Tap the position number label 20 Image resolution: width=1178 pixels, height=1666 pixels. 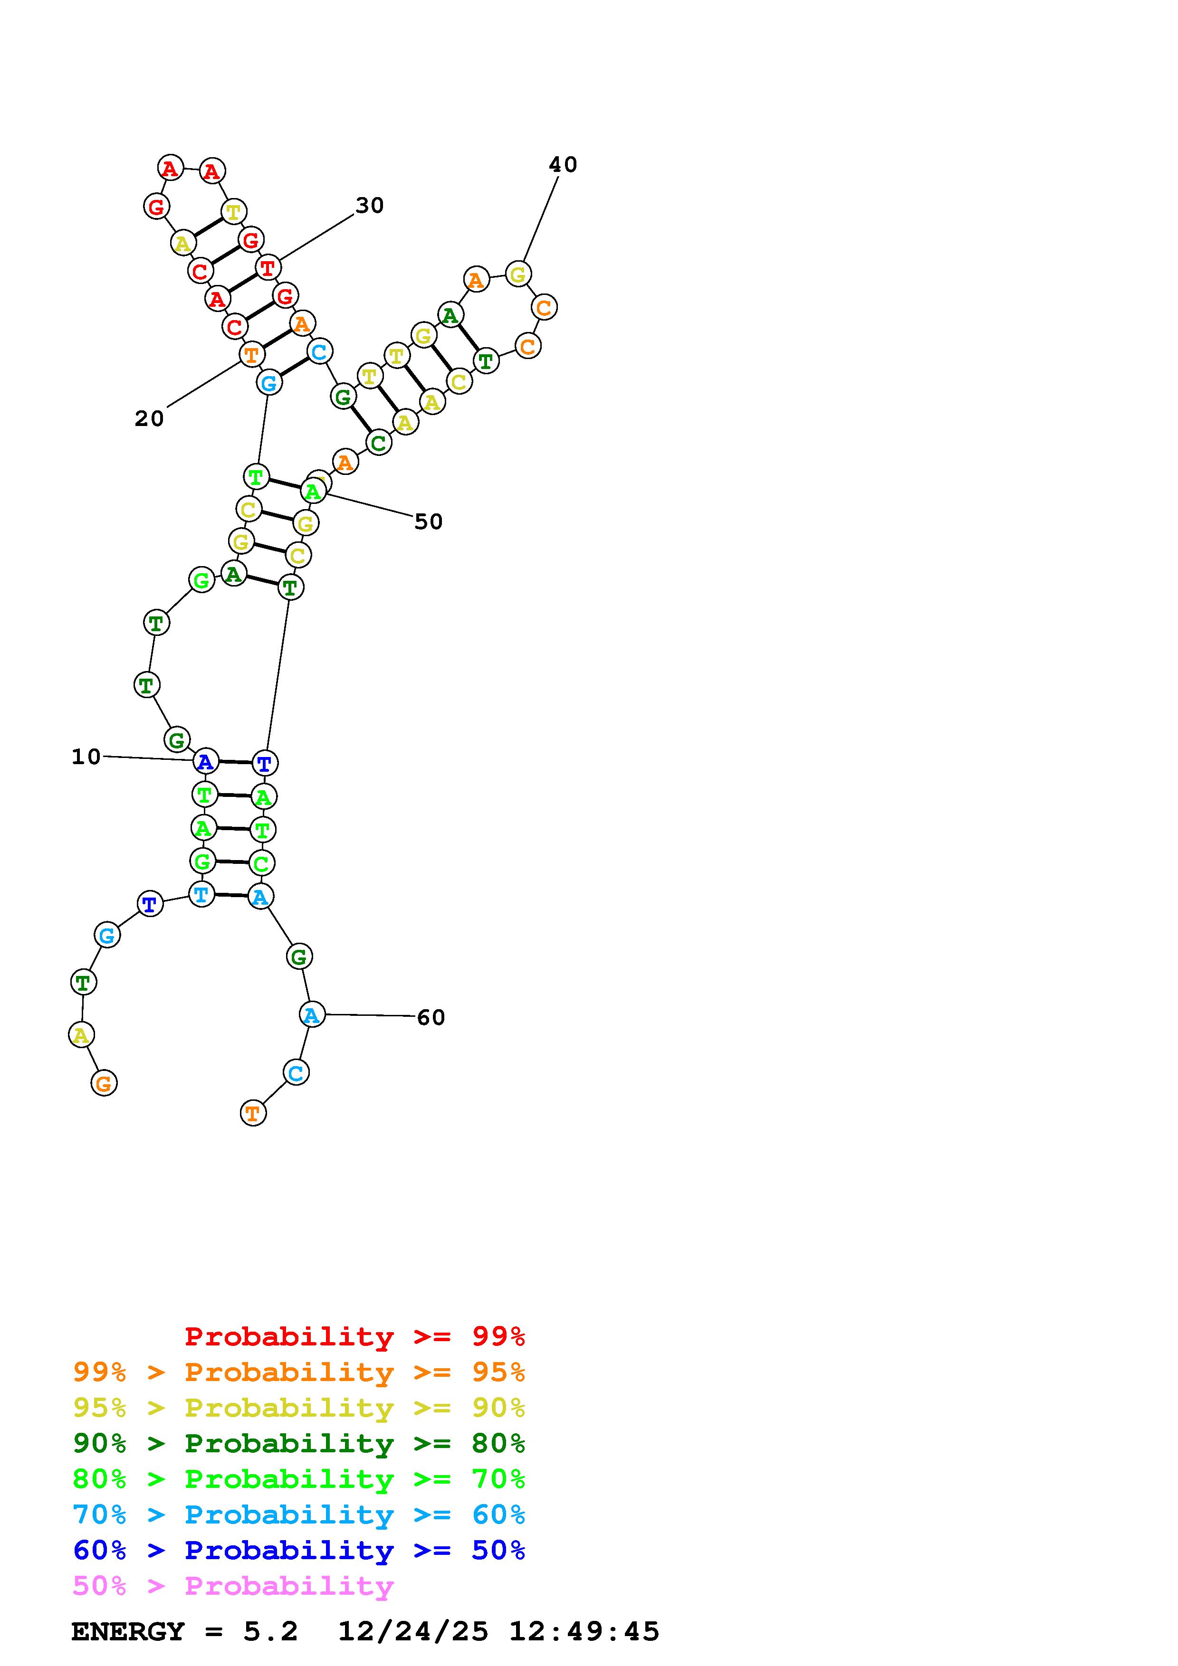click(150, 419)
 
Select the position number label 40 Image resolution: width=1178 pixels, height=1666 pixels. click(563, 165)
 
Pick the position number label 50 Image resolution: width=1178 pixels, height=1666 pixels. click(428, 522)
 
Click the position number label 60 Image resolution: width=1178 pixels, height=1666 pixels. click(431, 1017)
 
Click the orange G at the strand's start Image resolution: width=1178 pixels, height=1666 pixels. click(104, 1083)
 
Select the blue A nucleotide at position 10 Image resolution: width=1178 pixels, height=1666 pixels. click(205, 762)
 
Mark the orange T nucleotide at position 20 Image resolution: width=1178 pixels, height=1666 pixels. click(251, 355)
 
